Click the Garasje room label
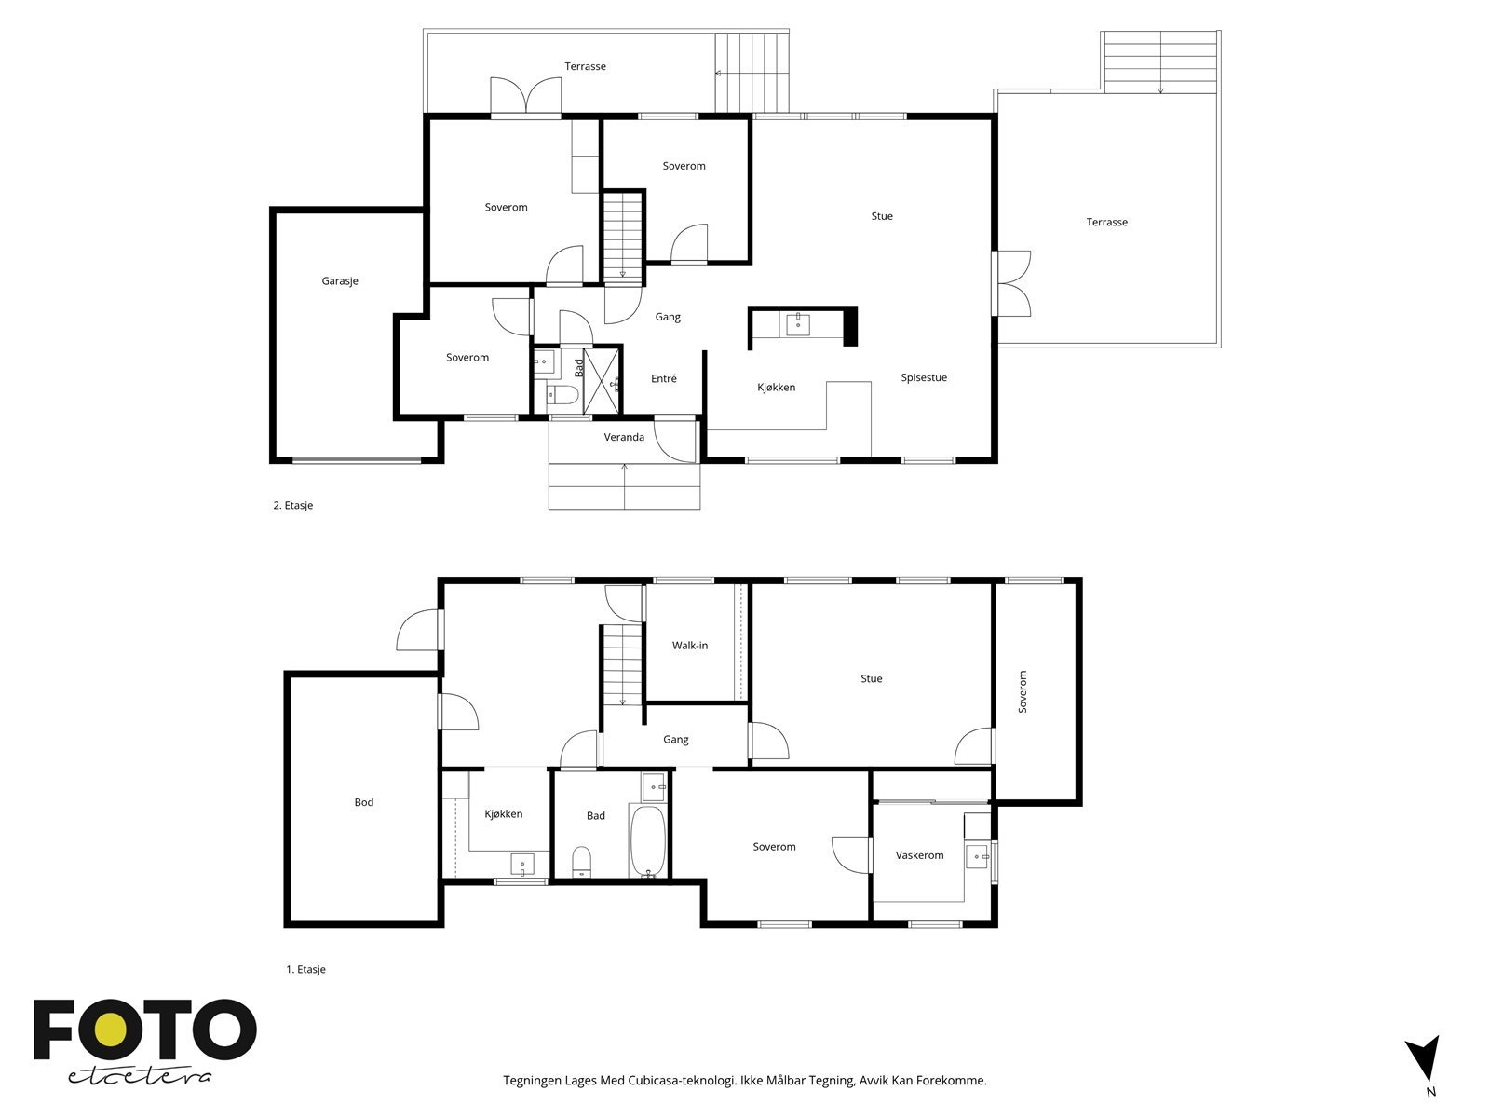pos(339,281)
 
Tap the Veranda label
pos(624,437)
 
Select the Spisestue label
pos(923,378)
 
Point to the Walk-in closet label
pos(690,646)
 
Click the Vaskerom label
pos(919,855)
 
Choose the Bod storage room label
pos(364,802)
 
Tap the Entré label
pos(664,379)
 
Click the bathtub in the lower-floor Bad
pos(647,841)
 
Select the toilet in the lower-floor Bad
pos(582,862)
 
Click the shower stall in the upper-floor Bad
pos(603,380)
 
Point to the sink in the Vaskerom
pos(978,856)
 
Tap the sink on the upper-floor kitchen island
pos(797,325)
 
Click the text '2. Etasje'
pos(293,506)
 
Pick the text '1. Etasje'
pos(305,969)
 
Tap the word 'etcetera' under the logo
pos(139,1077)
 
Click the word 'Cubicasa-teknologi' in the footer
pos(683,1080)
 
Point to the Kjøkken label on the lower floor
pos(504,814)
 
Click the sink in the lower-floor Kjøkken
pos(522,866)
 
